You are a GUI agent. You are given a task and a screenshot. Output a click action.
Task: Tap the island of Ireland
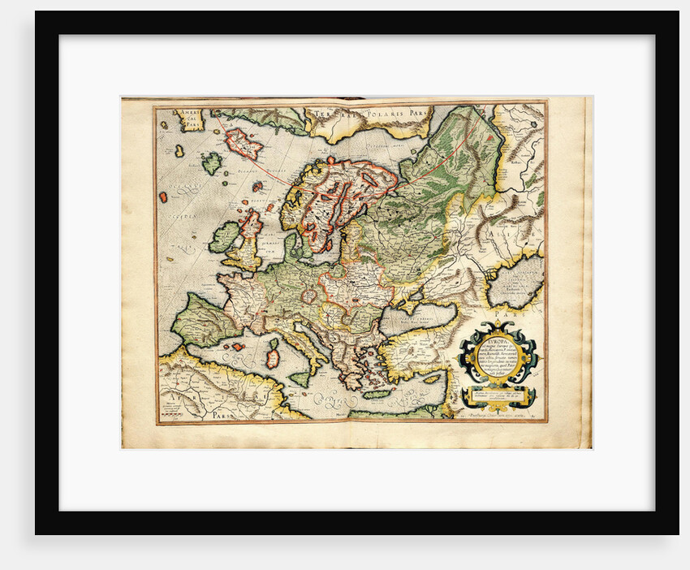[x=224, y=237]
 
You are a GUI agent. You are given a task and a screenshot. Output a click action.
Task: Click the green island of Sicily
[x=300, y=378]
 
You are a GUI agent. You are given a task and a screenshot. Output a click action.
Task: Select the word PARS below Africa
[x=218, y=413]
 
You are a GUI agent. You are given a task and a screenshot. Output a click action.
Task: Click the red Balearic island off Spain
[x=238, y=347]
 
